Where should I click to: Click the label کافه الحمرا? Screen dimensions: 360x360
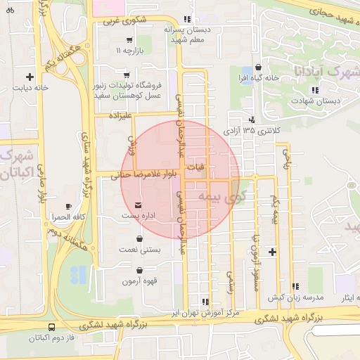click(67, 217)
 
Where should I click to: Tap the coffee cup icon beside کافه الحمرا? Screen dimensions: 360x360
click(67, 206)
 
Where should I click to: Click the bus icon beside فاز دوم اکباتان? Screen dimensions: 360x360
click(51, 327)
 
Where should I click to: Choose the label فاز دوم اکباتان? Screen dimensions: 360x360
click(53, 338)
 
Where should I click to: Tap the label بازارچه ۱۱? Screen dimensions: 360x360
click(129, 51)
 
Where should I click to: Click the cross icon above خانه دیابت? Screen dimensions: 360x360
click(30, 77)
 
